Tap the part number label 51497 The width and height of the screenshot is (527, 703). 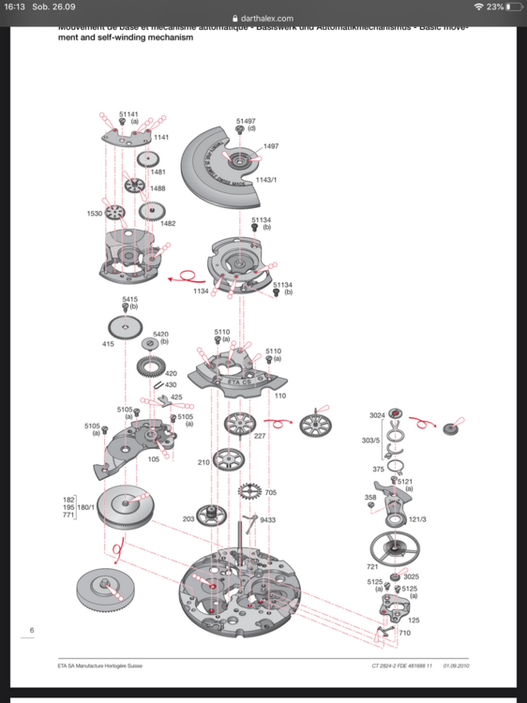246,121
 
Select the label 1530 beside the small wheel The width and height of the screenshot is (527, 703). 95,214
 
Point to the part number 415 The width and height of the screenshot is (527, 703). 108,344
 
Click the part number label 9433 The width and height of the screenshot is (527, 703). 268,519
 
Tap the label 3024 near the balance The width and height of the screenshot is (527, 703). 377,414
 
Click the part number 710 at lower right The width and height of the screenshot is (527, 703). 405,634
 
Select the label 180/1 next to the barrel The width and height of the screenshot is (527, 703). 86,507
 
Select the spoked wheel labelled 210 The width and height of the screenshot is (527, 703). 228,460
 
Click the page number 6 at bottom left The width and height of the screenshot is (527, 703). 32,631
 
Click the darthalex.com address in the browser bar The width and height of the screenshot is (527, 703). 266,18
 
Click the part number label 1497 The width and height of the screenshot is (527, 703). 271,146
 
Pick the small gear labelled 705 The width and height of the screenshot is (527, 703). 250,491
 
